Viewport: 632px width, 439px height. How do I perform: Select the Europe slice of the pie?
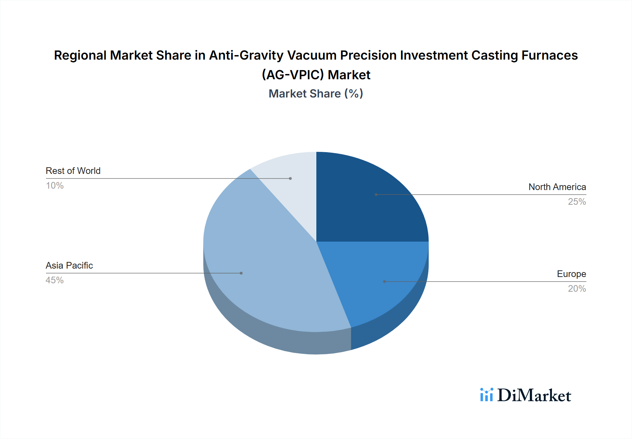point(379,277)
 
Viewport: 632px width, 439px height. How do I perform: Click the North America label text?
point(557,187)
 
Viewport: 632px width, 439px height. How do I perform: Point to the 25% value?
point(577,202)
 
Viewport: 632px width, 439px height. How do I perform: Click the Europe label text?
point(571,274)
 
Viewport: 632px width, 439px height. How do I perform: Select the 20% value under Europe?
point(577,289)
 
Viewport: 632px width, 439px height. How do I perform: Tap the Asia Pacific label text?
point(69,265)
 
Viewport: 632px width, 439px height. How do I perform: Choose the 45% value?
point(55,280)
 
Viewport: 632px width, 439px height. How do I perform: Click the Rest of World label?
point(73,171)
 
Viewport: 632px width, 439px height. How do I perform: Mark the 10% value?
point(55,185)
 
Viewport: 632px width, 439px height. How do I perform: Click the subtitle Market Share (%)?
point(316,94)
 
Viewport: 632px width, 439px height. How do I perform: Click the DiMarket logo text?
point(534,395)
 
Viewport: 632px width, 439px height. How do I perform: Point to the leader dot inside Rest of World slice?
point(290,178)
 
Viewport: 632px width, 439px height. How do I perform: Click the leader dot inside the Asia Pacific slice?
point(241,273)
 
